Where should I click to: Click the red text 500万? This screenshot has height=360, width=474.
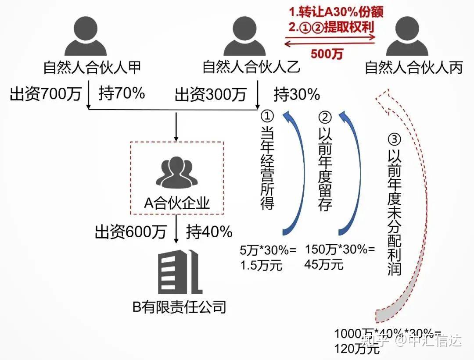tap(327, 54)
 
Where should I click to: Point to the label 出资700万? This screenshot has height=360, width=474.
tap(46, 94)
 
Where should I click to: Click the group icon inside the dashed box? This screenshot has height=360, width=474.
tap(176, 172)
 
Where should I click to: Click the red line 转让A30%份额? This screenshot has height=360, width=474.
tap(336, 11)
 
